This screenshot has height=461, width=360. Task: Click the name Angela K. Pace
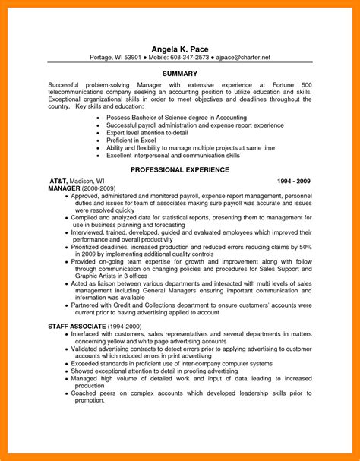(x=180, y=49)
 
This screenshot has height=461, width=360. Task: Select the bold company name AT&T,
(x=59, y=181)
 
